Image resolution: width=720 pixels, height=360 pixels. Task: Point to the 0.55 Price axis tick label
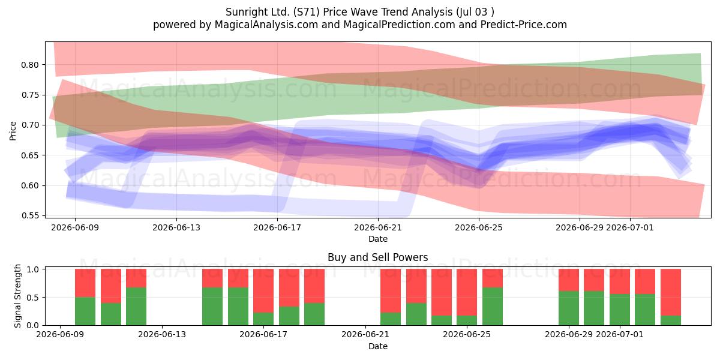[29, 215]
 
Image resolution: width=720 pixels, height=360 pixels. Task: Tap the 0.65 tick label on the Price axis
[29, 155]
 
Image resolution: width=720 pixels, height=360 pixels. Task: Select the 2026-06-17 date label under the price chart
[277, 228]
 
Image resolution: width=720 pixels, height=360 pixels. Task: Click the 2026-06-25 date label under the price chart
[479, 228]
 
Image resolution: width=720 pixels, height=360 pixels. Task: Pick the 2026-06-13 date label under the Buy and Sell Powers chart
[162, 335]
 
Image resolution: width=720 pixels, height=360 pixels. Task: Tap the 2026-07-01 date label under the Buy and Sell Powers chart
[620, 335]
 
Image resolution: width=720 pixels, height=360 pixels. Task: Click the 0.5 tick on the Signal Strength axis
[33, 298]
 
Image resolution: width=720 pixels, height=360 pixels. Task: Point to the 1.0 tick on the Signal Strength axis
[33, 269]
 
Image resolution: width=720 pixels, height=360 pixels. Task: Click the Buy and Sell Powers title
[377, 257]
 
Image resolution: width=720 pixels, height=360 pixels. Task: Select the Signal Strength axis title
[17, 296]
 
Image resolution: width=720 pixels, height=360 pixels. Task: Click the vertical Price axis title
[13, 131]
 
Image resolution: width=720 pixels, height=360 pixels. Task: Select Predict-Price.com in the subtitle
[524, 25]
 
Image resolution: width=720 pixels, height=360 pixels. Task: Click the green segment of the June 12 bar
[136, 307]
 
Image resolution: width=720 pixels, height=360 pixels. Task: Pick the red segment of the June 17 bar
[263, 291]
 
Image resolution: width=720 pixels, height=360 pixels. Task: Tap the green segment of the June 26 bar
[493, 307]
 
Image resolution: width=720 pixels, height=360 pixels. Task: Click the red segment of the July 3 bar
[671, 293]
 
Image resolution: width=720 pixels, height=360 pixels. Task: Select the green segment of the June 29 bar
[569, 308]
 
